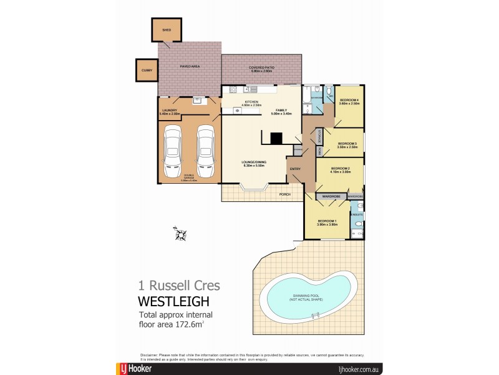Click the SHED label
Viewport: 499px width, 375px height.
point(166,29)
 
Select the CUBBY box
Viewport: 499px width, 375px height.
point(147,70)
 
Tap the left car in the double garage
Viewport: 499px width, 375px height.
point(173,151)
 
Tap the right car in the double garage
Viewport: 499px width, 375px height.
point(206,151)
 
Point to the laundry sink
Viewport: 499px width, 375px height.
point(196,99)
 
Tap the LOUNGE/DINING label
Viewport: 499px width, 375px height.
point(254,164)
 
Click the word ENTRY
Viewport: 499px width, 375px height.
point(294,168)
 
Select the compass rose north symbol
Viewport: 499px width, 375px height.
point(180,234)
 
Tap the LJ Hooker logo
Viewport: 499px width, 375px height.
point(132,369)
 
